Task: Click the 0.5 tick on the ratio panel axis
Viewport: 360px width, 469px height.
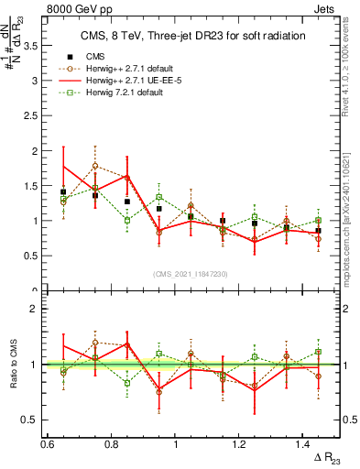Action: [x=29, y=420]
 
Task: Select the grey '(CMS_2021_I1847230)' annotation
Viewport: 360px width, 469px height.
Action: [x=191, y=274]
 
